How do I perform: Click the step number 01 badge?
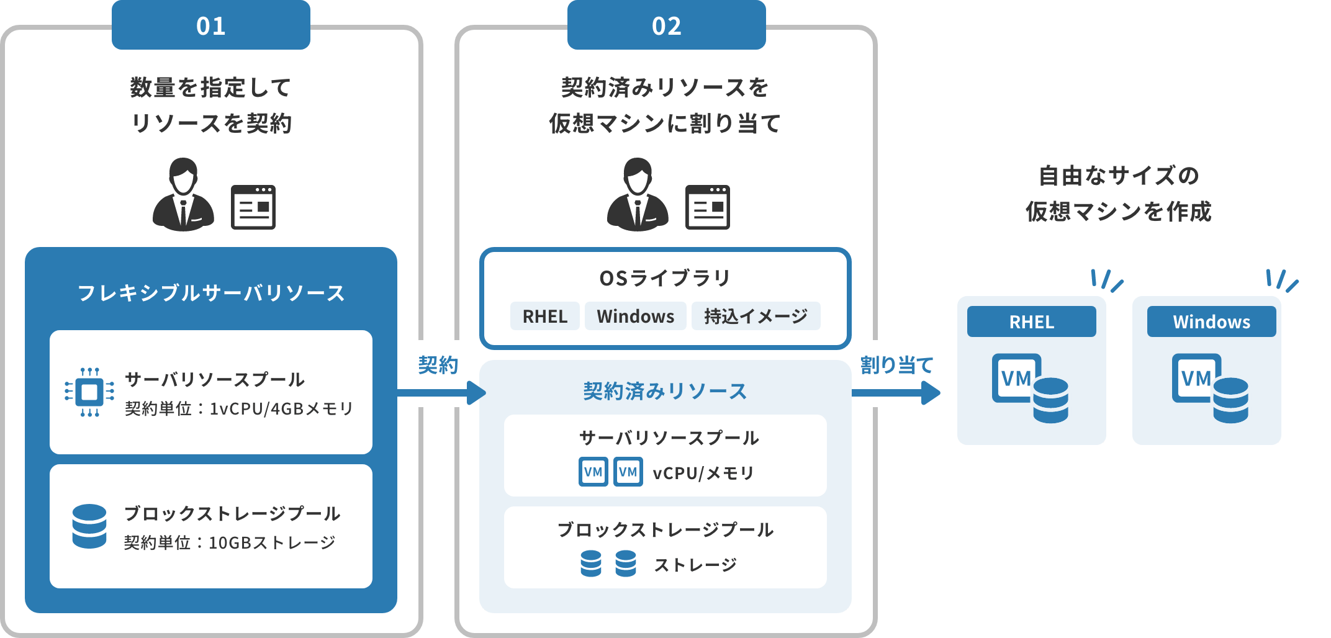[x=210, y=25]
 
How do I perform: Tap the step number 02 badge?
[x=666, y=25]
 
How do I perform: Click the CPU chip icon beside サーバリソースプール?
[x=89, y=392]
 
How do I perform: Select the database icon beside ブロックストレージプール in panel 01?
[x=89, y=526]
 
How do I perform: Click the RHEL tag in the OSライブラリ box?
[x=544, y=316]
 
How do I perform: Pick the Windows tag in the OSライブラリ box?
[x=635, y=316]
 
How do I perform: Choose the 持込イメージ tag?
[x=756, y=316]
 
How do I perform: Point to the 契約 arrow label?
[x=438, y=365]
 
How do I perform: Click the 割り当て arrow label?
[x=896, y=365]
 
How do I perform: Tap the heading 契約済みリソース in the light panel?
[x=665, y=391]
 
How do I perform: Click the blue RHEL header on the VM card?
[x=1031, y=321]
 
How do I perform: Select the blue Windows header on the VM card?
[x=1211, y=321]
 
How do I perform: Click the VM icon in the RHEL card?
[x=1030, y=388]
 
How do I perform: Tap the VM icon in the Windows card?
[x=1210, y=388]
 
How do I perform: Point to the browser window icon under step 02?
[x=707, y=207]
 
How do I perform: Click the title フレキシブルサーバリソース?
[x=210, y=293]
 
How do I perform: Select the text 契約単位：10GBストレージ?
[x=230, y=542]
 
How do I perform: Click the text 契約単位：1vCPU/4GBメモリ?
[x=239, y=408]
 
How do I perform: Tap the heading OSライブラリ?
[x=665, y=278]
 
